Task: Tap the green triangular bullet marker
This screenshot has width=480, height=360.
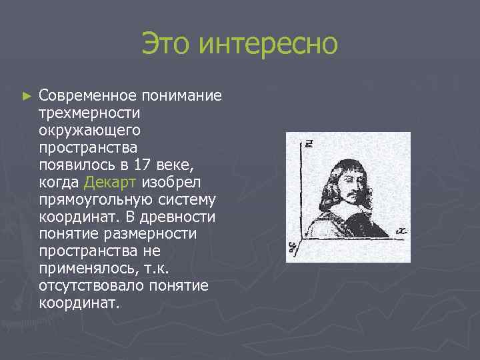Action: click(x=27, y=96)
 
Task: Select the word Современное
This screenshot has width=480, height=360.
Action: click(x=84, y=95)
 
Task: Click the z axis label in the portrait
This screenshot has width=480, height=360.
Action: click(x=310, y=143)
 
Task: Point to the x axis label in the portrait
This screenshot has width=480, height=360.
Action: click(x=401, y=231)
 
